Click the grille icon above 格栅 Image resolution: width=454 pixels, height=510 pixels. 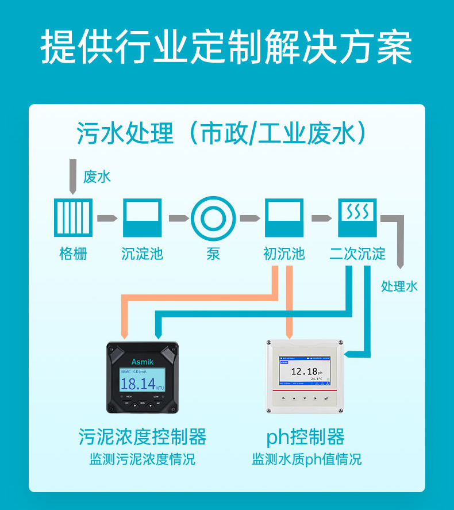pyautogui.click(x=73, y=217)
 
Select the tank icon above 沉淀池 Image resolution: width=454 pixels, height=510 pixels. pyautogui.click(x=142, y=217)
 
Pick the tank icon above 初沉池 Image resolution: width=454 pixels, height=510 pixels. pyautogui.click(x=284, y=217)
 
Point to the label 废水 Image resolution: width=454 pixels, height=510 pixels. pyautogui.click(x=97, y=177)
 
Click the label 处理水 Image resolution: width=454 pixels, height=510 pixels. pyautogui.click(x=399, y=286)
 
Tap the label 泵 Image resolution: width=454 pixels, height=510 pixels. pyautogui.click(x=213, y=254)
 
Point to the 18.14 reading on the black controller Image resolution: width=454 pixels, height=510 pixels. pyautogui.click(x=138, y=384)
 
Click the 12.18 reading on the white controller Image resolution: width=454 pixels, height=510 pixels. pyautogui.click(x=304, y=371)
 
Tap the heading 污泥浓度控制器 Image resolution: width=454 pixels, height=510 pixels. pyautogui.click(x=142, y=437)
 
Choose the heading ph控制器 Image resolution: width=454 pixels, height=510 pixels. pyautogui.click(x=306, y=437)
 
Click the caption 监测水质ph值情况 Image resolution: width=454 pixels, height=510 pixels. pyautogui.click(x=306, y=460)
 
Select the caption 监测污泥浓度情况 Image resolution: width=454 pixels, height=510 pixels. pyautogui.click(x=142, y=460)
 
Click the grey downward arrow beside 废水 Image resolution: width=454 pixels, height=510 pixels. pyautogui.click(x=72, y=176)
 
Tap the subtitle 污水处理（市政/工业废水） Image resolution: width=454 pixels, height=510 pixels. pyautogui.click(x=222, y=134)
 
